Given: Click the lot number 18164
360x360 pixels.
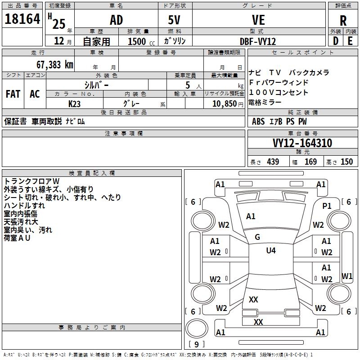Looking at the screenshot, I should [22, 19].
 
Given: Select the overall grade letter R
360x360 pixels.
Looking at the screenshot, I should [343, 21].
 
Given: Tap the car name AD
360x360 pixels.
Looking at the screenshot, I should [116, 20].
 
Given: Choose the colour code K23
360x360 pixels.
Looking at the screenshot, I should [74, 103].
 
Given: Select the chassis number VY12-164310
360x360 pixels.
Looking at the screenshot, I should [302, 143].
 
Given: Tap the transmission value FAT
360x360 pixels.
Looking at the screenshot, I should [13, 94].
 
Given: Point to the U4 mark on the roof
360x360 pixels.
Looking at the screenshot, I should [271, 251].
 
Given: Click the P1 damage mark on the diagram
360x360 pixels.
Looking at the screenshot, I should [327, 206].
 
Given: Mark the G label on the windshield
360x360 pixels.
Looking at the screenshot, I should [257, 237].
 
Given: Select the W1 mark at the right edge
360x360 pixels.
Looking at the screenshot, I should [347, 276].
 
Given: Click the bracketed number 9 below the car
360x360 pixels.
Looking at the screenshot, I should [196, 345].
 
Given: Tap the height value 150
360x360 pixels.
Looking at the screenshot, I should [346, 162].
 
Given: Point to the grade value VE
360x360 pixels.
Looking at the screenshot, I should [258, 20].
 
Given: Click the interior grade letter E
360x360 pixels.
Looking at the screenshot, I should [350, 40].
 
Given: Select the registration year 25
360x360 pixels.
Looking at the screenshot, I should [58, 24].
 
